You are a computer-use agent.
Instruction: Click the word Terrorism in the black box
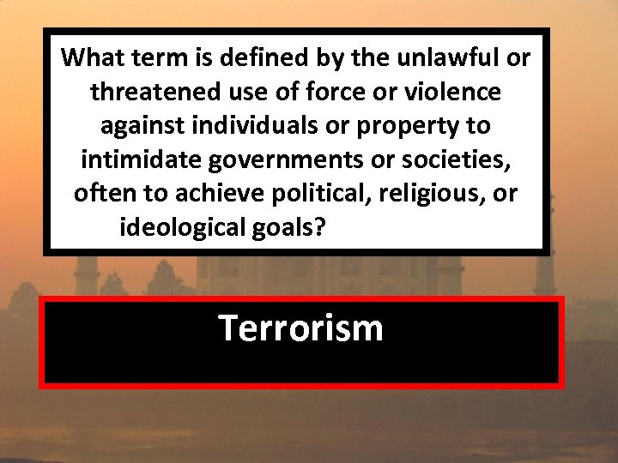(x=300, y=328)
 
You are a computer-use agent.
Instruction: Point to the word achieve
(x=216, y=194)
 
